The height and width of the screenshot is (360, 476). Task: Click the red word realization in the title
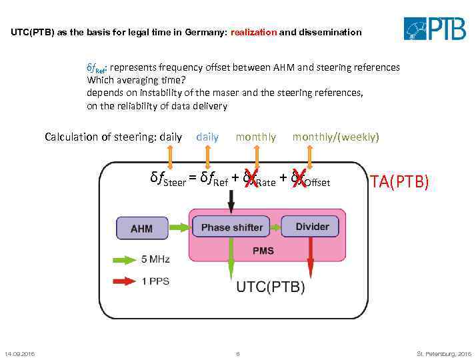tap(253, 32)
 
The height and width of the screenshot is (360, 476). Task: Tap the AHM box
tap(141, 229)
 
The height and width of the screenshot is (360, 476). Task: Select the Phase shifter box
tap(231, 227)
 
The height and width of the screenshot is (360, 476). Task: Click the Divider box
tap(312, 227)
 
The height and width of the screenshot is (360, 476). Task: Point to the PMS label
tap(262, 251)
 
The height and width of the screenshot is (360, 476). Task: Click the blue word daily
tap(207, 137)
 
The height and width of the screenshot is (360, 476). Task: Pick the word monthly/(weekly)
tap(335, 137)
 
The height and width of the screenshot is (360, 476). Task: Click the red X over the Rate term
tap(251, 178)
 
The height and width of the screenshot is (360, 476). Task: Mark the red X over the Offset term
tap(299, 178)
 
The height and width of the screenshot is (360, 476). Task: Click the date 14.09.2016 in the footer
tap(20, 353)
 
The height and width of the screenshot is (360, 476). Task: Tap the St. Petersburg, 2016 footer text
tap(443, 353)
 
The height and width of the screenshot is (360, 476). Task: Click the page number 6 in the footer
tap(238, 353)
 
